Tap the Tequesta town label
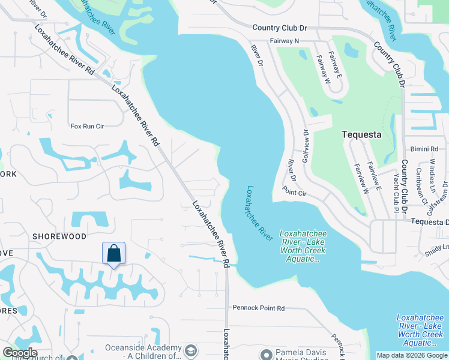tap(361, 134)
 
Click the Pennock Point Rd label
tap(259, 308)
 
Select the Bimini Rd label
tap(426, 149)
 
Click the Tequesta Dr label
tap(429, 222)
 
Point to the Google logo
tap(20, 353)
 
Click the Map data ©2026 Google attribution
tap(412, 355)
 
